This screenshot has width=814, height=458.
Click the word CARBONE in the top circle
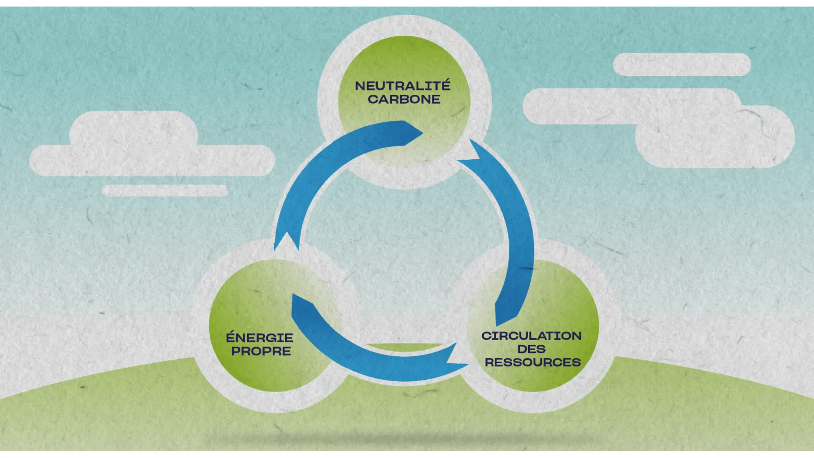pos(404,99)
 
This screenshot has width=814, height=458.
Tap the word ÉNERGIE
pos(259,338)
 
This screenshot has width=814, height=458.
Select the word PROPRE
pos(261,351)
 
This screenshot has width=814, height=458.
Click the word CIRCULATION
pos(531,336)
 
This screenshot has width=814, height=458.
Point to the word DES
pos(531,349)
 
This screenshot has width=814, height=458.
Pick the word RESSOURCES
pos(532,363)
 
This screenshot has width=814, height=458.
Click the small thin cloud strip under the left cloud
pos(165,190)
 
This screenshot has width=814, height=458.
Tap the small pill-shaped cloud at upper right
pos(682,65)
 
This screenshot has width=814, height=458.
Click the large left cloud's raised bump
pos(134,129)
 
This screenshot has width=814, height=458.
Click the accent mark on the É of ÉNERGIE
pos(231,332)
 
